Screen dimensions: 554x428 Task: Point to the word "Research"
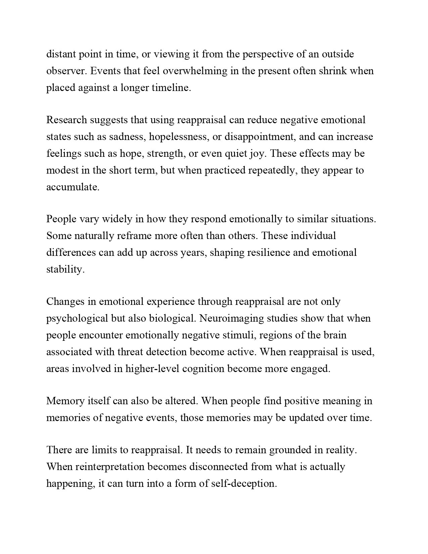(x=66, y=120)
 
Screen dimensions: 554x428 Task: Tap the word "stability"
(x=65, y=269)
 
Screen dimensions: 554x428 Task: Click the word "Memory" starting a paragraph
(x=65, y=401)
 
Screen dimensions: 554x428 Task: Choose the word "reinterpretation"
(x=110, y=467)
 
